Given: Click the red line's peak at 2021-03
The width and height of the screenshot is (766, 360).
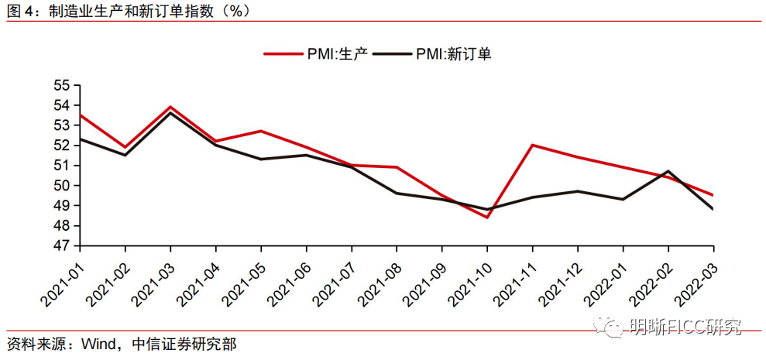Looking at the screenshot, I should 170,107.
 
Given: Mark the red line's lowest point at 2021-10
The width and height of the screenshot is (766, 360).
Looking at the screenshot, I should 487,218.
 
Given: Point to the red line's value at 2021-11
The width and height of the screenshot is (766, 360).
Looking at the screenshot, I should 533,145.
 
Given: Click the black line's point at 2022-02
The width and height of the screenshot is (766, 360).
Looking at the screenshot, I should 668,171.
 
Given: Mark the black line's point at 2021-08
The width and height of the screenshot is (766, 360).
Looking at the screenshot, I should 397,193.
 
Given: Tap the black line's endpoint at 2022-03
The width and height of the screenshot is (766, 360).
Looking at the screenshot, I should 713,209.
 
